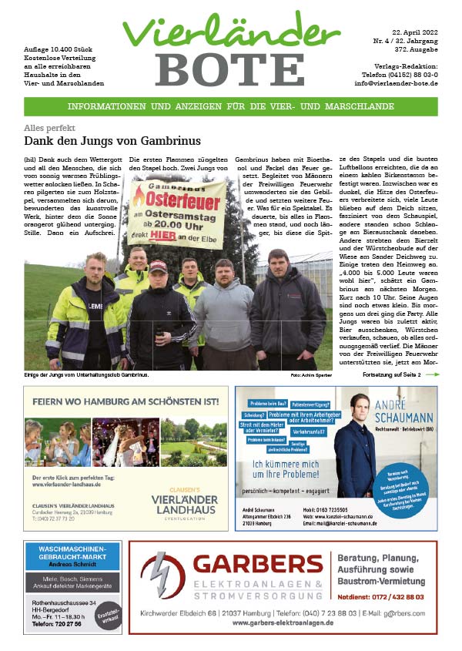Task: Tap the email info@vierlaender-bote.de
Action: coord(396,82)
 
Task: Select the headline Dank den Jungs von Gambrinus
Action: coord(112,141)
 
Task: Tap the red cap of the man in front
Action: coord(157,266)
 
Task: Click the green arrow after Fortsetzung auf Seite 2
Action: coord(432,374)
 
